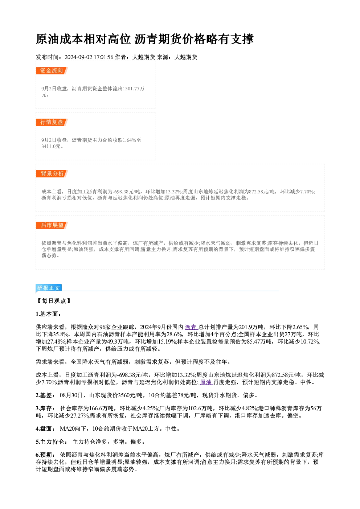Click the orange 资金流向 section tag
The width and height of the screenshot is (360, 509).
pyautogui.click(x=52, y=71)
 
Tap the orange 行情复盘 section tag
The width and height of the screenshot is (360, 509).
pyautogui.click(x=52, y=122)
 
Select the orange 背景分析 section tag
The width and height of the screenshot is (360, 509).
pyautogui.click(x=52, y=174)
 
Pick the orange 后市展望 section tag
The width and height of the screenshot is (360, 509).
pyautogui.click(x=52, y=225)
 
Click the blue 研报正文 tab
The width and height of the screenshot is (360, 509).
pyautogui.click(x=49, y=288)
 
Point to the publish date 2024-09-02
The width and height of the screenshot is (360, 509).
pyautogui.click(x=78, y=57)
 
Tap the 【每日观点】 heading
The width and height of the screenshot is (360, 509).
pyautogui.click(x=54, y=301)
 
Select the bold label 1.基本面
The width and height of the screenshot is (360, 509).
pyautogui.click(x=48, y=314)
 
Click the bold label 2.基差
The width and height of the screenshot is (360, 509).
pyautogui.click(x=45, y=395)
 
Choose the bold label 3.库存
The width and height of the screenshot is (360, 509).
pyautogui.click(x=45, y=409)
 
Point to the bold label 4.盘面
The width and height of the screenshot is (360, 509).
pyautogui.click(x=45, y=429)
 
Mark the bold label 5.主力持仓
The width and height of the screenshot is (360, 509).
pyautogui.click(x=51, y=442)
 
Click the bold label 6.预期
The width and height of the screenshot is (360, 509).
pyautogui.click(x=45, y=455)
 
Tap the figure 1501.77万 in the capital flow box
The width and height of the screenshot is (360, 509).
pyautogui.click(x=134, y=89)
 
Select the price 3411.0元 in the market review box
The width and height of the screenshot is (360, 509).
pyautogui.click(x=51, y=147)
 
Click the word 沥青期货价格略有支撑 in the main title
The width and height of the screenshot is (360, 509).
pyautogui.click(x=194, y=39)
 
